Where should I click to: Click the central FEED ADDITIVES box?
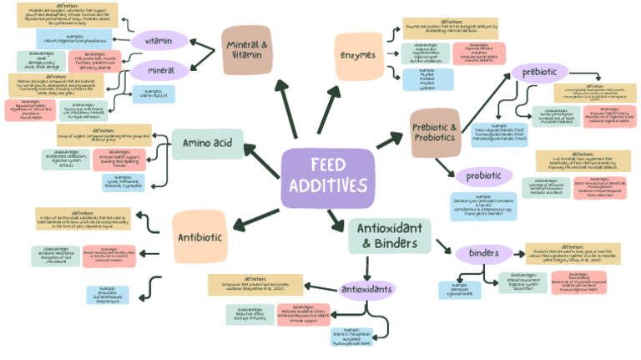click(327, 178)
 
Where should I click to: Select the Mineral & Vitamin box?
click(249, 49)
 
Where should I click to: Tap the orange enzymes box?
click(359, 55)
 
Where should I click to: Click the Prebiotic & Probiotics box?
click(435, 132)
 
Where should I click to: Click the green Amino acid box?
click(207, 144)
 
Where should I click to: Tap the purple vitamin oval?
click(159, 41)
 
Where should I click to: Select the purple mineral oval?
click(158, 70)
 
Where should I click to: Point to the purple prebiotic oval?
click(539, 73)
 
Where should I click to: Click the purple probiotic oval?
click(483, 176)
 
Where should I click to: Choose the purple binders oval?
click(484, 253)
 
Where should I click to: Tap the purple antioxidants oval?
click(367, 290)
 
